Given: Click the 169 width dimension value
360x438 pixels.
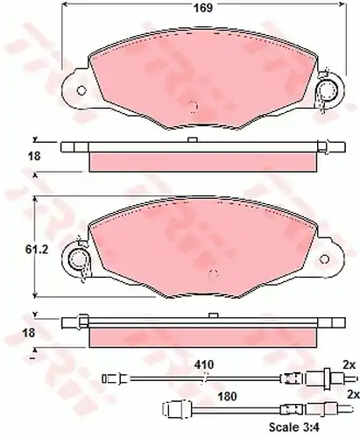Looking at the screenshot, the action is tap(203, 8).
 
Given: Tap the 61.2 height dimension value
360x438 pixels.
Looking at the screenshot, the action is tap(37, 250).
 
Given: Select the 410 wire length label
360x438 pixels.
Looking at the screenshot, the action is tap(205, 364).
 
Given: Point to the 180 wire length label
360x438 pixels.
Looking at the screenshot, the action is tap(228, 397).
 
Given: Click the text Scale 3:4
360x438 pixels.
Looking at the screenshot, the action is tap(294, 427).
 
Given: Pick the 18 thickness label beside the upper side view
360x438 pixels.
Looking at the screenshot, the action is tap(34, 156).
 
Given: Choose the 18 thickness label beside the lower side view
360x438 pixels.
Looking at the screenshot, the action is tap(29, 333).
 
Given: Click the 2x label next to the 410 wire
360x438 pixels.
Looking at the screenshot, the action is tap(349, 364).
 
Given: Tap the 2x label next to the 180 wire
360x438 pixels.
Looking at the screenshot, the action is tap(353, 394).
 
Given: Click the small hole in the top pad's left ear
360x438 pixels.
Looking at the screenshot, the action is tap(81, 90).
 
